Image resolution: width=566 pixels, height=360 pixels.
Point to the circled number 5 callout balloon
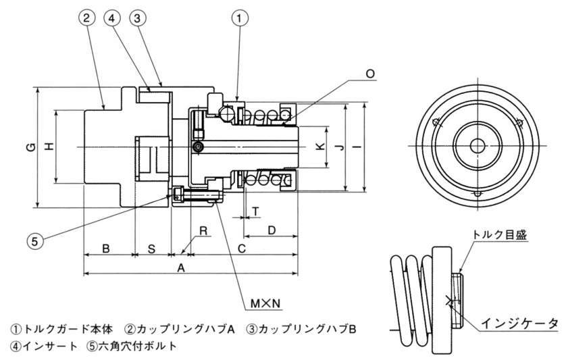[36, 238]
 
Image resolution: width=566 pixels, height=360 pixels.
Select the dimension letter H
[47, 146]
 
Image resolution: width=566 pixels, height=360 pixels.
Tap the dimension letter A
[180, 268]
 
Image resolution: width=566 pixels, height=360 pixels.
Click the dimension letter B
[106, 249]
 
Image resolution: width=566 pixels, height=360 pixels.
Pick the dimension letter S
[151, 249]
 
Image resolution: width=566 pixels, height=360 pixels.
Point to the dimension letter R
[202, 230]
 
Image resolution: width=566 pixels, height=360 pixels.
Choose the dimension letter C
[242, 249]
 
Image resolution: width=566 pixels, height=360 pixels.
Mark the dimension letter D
[272, 230]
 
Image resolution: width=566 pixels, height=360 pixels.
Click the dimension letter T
[256, 211]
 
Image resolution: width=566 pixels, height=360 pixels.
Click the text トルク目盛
[499, 234]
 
